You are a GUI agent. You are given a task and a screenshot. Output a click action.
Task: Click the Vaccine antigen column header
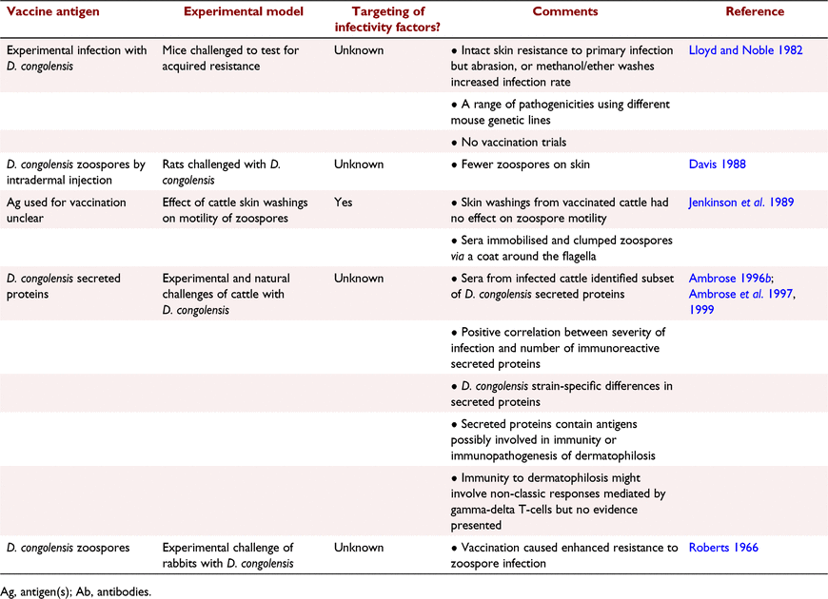point(52,11)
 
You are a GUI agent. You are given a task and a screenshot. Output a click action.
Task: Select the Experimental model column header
point(244,11)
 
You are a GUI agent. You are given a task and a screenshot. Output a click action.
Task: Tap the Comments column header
point(565,11)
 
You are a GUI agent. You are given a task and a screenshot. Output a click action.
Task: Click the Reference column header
point(755,11)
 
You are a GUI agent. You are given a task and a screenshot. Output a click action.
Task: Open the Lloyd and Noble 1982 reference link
point(745,50)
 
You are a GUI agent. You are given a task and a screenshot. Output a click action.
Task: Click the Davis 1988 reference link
point(717,164)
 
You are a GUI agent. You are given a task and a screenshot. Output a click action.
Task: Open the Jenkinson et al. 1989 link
point(740,203)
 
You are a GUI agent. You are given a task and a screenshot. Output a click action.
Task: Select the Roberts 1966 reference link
point(723,548)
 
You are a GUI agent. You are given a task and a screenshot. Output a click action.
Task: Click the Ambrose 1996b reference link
point(730,279)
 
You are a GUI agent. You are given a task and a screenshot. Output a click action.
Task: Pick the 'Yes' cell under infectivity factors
point(344,203)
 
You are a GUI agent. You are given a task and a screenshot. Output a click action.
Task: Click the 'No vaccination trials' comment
point(508,142)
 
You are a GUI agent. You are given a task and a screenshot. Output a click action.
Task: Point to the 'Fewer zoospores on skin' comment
point(521,164)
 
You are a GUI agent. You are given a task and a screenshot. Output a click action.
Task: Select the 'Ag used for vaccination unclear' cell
point(67,210)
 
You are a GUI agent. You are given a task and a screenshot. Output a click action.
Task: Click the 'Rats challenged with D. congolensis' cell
point(221,172)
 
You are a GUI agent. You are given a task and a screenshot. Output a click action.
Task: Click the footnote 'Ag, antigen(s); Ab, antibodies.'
point(76,591)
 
